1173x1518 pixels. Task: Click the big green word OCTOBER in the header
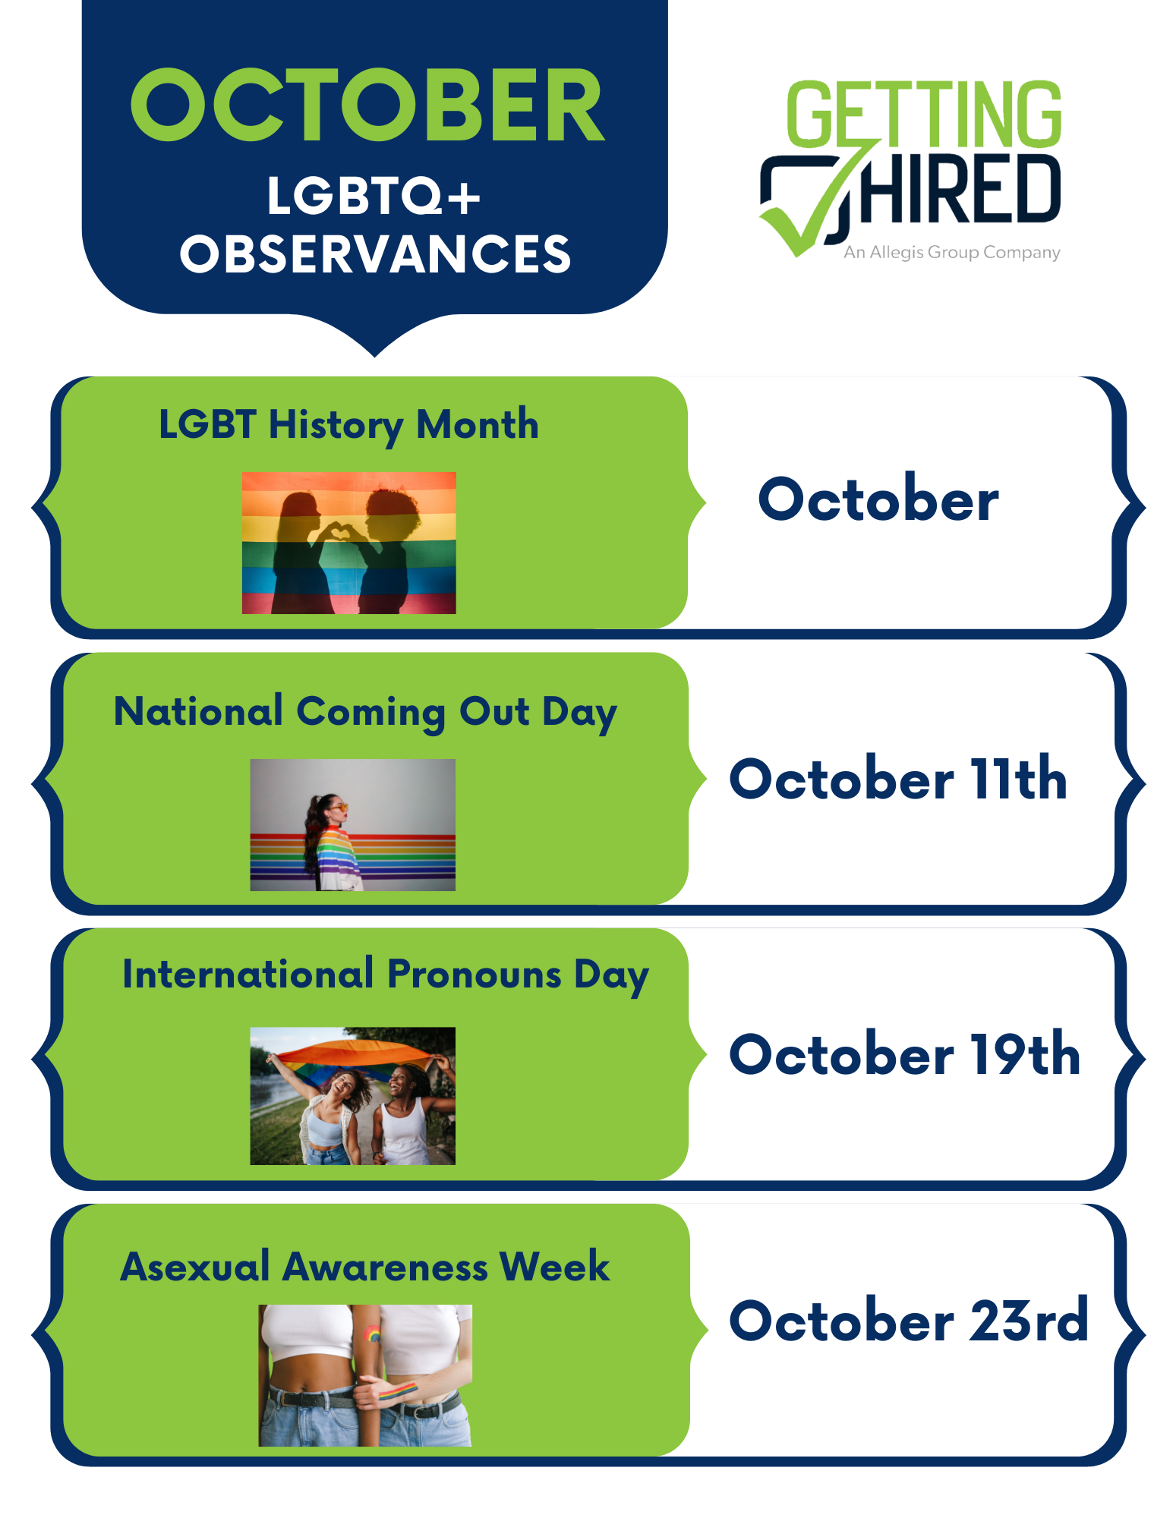coord(368,105)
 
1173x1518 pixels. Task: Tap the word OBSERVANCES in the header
coord(375,254)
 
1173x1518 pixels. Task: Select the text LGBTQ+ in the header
coord(374,196)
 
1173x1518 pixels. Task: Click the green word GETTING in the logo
coord(924,114)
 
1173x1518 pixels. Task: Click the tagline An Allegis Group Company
coord(952,252)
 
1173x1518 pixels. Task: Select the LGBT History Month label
coord(348,424)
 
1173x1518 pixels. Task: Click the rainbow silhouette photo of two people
coord(349,543)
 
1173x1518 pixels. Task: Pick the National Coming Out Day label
coord(365,712)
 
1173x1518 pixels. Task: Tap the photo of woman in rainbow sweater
coord(353,825)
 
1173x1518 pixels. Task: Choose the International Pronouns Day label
coord(386,975)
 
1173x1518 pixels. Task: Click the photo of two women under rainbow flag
coord(353,1096)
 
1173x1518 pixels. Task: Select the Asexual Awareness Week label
coord(365,1266)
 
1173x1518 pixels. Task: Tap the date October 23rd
coord(909,1320)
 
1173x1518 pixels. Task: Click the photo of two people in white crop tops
coord(365,1375)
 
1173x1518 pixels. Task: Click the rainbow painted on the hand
coord(398,1391)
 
